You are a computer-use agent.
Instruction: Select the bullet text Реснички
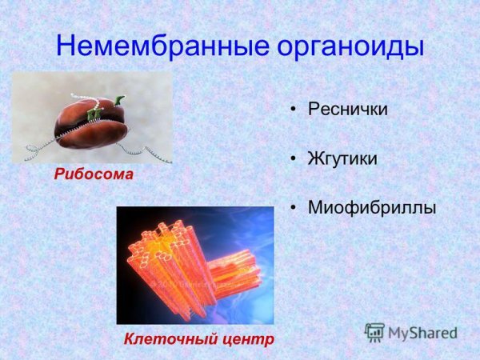[348, 109]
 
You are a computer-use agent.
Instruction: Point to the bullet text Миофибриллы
[372, 208]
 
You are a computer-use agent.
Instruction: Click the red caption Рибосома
[94, 174]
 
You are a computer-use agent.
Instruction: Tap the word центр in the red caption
[243, 339]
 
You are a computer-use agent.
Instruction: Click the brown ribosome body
[92, 124]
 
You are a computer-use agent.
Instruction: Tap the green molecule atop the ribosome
[118, 101]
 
